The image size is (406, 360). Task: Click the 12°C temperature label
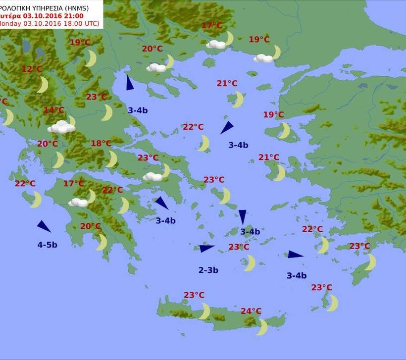(x=32, y=69)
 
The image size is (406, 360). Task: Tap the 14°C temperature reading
(x=54, y=110)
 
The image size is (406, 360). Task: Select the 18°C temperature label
(x=101, y=144)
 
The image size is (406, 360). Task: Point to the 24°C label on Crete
(x=251, y=311)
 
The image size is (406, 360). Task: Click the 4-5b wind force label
(x=47, y=245)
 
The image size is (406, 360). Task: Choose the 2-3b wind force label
(x=208, y=270)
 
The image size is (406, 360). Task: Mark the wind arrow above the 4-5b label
(x=44, y=226)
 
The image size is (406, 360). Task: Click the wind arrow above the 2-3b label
(x=206, y=248)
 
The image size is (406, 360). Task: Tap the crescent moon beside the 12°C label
(x=43, y=85)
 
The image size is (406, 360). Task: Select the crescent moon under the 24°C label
(x=262, y=327)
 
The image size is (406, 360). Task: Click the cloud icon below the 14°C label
(x=61, y=128)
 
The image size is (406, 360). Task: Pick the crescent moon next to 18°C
(x=112, y=159)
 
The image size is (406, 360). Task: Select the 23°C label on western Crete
(x=194, y=295)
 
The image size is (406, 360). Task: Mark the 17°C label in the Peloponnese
(x=73, y=184)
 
